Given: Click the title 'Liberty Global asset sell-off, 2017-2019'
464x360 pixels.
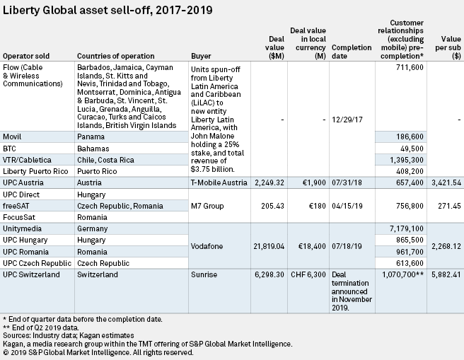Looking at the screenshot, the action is (x=108, y=10).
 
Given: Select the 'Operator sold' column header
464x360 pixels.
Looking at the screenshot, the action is (x=26, y=56).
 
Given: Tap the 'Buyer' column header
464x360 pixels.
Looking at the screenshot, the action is (x=201, y=56).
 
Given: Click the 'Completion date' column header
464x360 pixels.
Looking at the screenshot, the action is (x=352, y=52).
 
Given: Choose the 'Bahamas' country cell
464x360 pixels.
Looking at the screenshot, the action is (x=93, y=149).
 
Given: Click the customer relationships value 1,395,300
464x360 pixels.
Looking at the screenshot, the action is (x=407, y=160).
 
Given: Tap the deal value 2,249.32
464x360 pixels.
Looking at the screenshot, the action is (x=269, y=182).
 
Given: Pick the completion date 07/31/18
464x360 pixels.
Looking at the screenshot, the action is (x=347, y=182).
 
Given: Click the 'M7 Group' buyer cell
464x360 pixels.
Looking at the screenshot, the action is (x=207, y=206).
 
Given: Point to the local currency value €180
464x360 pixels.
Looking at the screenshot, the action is (x=317, y=206).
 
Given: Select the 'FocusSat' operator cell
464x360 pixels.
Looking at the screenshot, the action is (x=19, y=217).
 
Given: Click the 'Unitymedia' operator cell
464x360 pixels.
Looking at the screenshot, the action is (x=22, y=228).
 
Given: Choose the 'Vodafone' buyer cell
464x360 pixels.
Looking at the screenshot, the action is (x=207, y=246).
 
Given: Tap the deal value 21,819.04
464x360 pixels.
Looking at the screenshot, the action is (x=269, y=246).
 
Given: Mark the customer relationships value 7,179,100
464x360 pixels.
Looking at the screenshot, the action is (x=407, y=228).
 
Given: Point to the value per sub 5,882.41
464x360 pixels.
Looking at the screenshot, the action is (x=446, y=274).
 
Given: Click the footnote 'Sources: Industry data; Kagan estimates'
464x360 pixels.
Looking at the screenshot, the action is (x=69, y=335).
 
